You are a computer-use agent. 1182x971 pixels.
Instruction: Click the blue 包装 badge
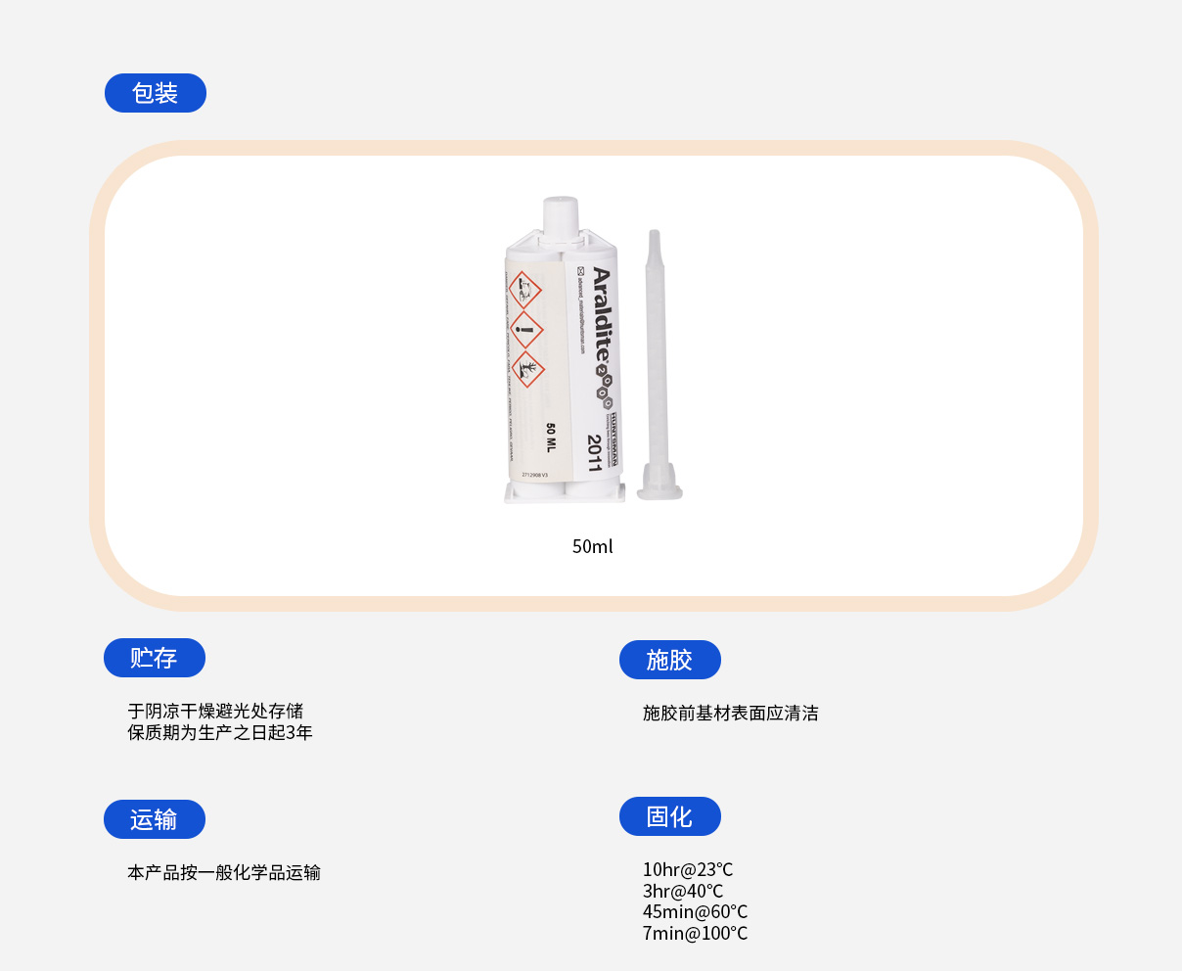155,93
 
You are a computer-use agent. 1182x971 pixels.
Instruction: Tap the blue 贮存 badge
154,658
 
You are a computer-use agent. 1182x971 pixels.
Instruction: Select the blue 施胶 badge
669,660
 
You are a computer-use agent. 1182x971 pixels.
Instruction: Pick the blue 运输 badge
154,819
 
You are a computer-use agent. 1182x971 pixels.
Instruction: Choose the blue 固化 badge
669,816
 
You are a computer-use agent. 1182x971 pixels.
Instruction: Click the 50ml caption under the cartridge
592,546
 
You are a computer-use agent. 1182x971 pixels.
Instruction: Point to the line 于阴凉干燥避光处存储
215,711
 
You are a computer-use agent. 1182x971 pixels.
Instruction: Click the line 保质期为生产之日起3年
220,732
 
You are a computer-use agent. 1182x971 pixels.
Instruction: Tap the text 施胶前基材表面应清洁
730,713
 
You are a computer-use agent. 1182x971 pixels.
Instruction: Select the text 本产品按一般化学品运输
224,872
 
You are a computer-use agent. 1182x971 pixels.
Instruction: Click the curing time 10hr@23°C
687,869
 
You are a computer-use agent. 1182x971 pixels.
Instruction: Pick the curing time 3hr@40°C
682,891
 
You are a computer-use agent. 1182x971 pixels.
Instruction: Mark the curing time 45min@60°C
695,911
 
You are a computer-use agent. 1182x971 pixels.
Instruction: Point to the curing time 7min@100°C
695,933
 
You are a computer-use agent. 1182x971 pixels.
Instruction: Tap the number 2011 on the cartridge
594,453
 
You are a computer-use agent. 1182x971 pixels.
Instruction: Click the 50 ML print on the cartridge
550,438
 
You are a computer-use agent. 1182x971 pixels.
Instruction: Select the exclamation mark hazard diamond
526,330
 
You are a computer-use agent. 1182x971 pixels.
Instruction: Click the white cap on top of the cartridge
561,214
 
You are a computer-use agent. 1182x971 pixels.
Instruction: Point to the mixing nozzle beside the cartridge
657,362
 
